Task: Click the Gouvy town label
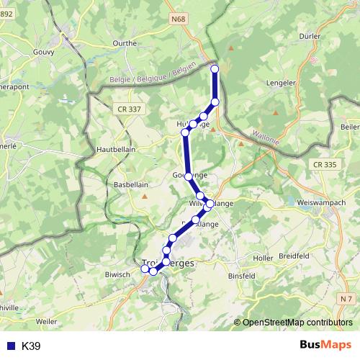[x=44, y=53]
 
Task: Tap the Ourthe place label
[x=125, y=43]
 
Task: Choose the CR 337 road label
[x=128, y=109]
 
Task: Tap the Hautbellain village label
[x=115, y=149]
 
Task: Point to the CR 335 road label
[x=325, y=165]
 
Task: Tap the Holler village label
[x=264, y=257]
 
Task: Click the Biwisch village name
[x=117, y=274]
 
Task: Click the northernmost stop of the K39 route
[x=215, y=68]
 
